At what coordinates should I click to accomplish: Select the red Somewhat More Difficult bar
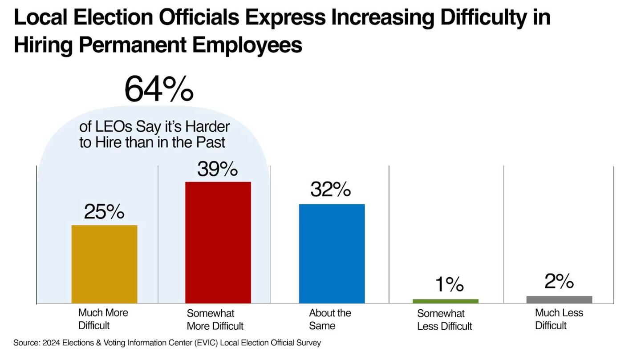(x=218, y=243)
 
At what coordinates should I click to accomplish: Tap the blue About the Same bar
(x=332, y=254)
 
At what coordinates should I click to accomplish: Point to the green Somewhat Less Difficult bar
(x=445, y=301)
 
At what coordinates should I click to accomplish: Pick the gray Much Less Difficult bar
(x=559, y=299)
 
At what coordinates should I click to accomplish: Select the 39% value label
(x=218, y=169)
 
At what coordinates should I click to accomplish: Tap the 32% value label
(x=331, y=190)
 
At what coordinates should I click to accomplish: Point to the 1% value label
(x=449, y=285)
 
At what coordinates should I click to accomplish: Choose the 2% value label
(x=559, y=282)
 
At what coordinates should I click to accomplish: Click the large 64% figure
(x=159, y=89)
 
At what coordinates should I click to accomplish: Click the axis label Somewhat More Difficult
(x=215, y=320)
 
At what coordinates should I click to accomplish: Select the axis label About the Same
(x=330, y=319)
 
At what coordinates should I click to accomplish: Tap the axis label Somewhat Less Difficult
(x=444, y=320)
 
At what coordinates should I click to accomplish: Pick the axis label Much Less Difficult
(x=559, y=319)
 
